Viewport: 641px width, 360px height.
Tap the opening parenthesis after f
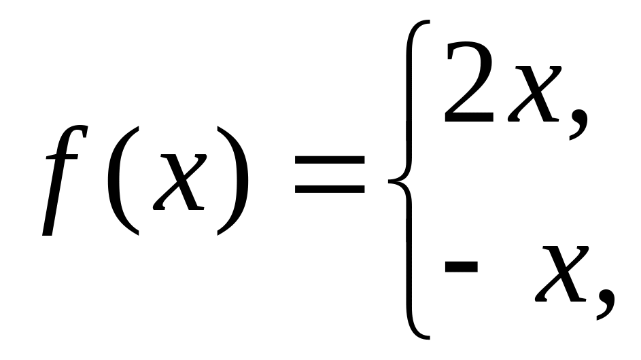(x=118, y=181)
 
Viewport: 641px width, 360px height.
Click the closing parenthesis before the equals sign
(x=237, y=181)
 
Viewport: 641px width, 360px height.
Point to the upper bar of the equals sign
(x=330, y=160)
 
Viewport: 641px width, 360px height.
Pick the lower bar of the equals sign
(x=330, y=190)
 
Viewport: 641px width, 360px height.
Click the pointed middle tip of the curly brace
(x=389, y=180)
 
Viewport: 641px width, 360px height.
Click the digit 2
(x=469, y=82)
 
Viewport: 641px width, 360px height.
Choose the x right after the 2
(x=534, y=94)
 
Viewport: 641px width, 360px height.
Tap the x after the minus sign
(x=561, y=274)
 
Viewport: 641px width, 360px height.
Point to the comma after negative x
(x=606, y=304)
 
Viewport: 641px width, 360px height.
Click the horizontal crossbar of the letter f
(x=62, y=157)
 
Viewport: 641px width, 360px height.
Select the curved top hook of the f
(x=77, y=129)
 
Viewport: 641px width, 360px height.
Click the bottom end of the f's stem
(x=48, y=233)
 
